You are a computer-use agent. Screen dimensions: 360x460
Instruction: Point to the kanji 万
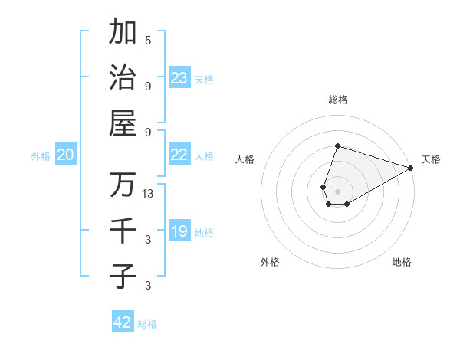(x=123, y=185)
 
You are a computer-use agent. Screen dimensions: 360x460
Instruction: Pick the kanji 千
(x=123, y=230)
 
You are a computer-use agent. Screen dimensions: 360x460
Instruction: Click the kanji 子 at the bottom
(x=123, y=276)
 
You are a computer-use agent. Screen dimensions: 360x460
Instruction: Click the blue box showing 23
(x=179, y=77)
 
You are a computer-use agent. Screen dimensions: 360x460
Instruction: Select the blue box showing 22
(x=179, y=155)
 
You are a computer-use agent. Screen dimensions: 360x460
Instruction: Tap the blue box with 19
(x=179, y=231)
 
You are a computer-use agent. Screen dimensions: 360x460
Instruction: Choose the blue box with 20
(x=65, y=155)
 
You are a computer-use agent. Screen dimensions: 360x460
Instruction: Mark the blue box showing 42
(x=123, y=322)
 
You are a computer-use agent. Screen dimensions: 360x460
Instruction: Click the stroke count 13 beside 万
(x=149, y=194)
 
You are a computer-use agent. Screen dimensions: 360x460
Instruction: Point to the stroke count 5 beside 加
(x=148, y=40)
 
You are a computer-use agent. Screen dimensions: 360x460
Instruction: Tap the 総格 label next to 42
(x=147, y=324)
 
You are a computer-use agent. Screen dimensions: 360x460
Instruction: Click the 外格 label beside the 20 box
(x=41, y=156)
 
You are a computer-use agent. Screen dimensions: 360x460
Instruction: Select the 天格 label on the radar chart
(x=431, y=159)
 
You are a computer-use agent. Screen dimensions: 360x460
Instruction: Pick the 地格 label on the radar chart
(x=402, y=262)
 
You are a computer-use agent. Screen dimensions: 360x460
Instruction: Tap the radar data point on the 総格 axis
(x=337, y=146)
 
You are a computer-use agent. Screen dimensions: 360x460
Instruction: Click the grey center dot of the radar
(x=337, y=190)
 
